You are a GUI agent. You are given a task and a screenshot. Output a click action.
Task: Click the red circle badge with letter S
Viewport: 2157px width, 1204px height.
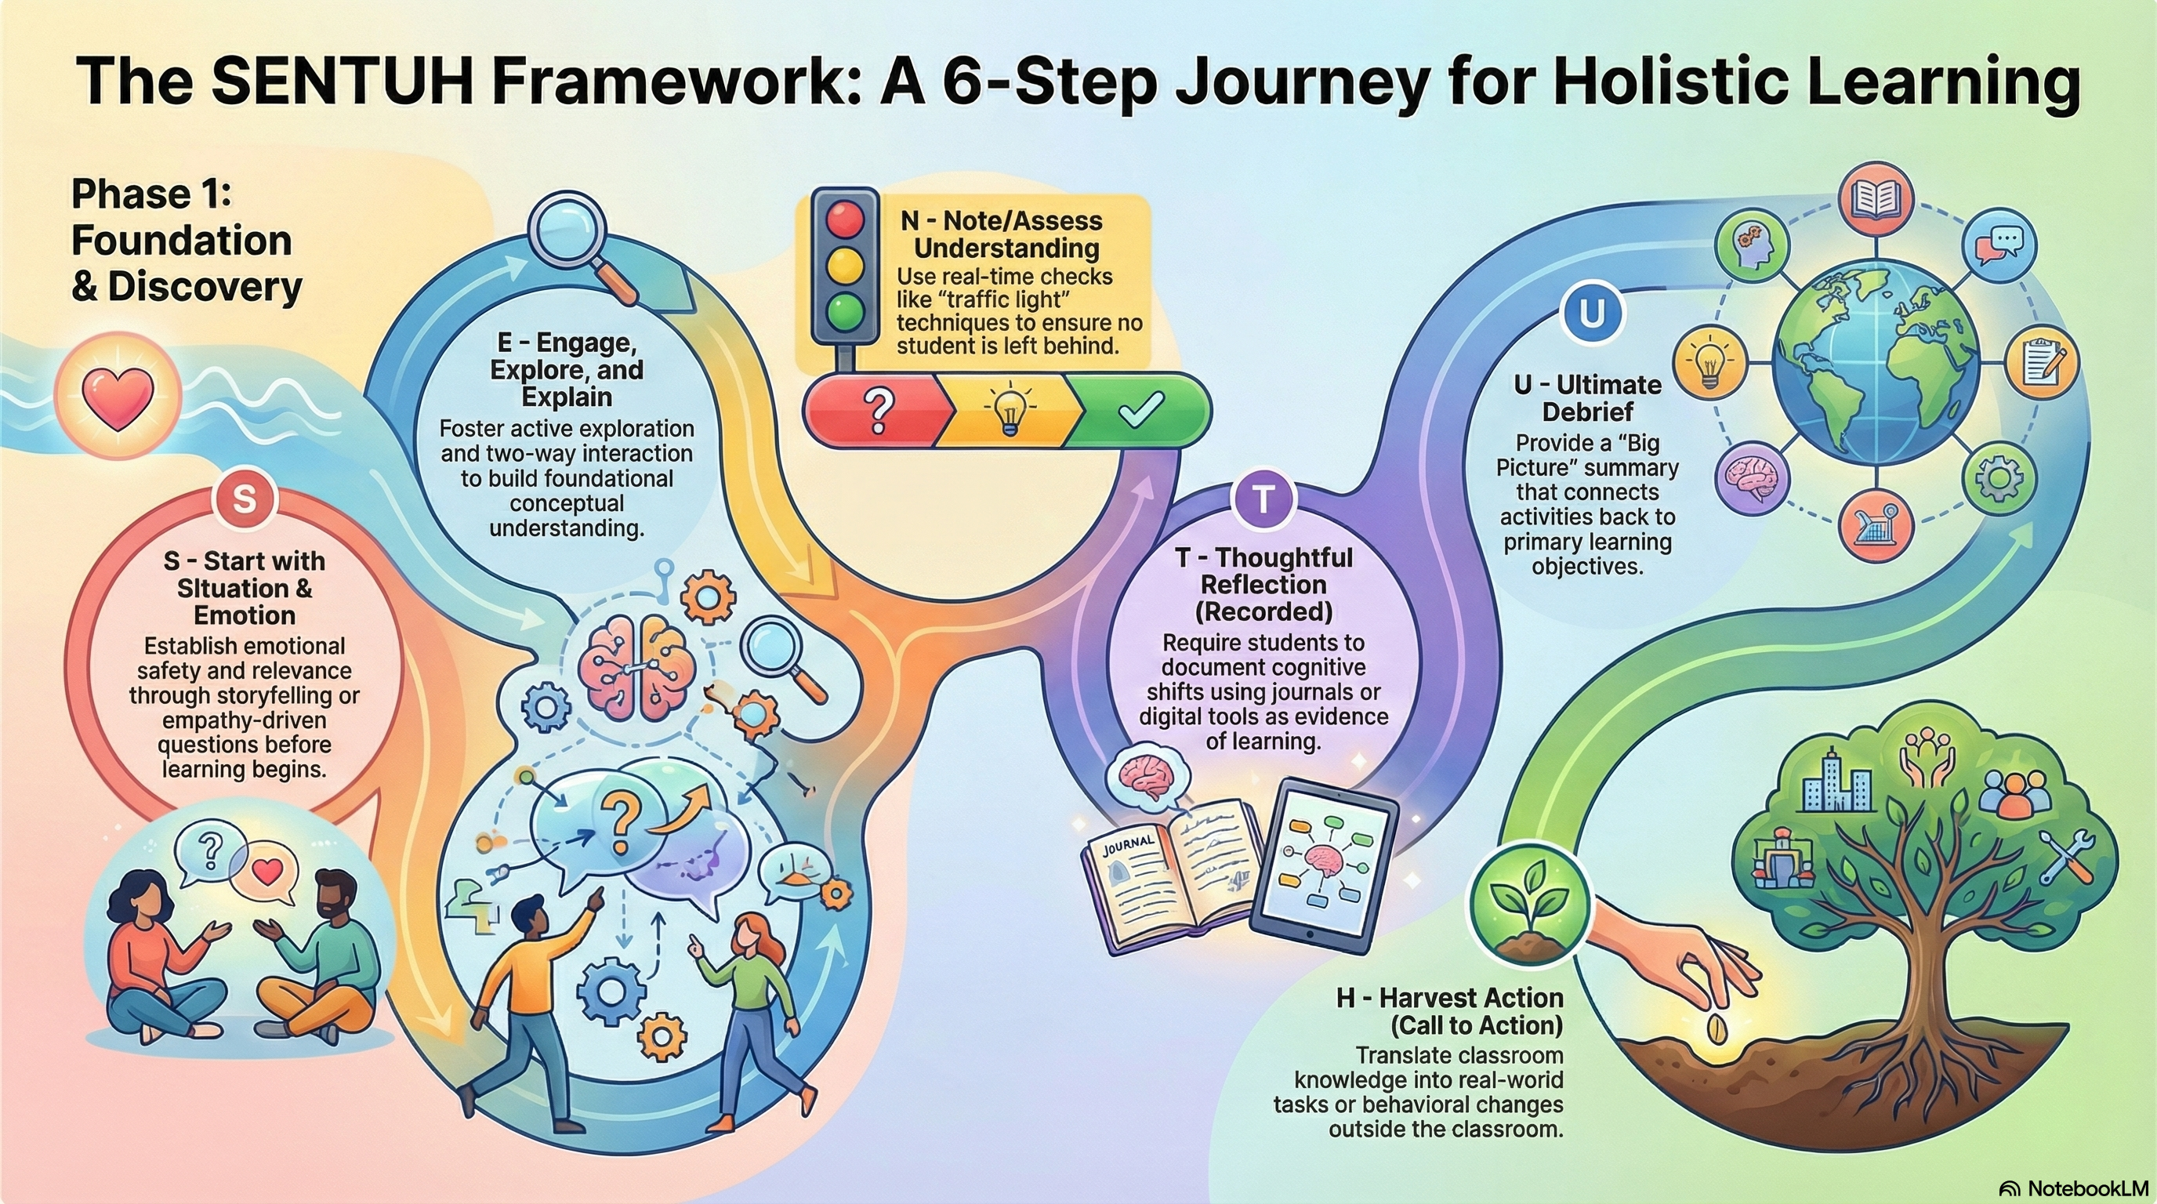coord(245,499)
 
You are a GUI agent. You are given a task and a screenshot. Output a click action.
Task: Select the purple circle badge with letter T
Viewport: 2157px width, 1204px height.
coord(1263,499)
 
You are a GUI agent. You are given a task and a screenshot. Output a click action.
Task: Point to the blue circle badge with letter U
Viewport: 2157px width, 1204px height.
coord(1592,313)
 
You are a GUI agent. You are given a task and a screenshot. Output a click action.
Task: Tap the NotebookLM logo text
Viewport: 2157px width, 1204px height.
coord(2076,1188)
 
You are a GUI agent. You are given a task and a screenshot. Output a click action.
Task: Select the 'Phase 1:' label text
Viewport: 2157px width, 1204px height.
coord(151,194)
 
